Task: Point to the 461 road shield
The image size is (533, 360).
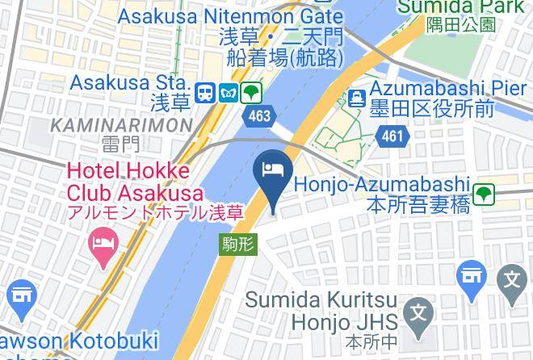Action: [x=392, y=136]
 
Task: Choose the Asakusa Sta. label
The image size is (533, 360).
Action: [x=130, y=82]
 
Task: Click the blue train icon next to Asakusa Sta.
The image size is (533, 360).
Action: [x=204, y=93]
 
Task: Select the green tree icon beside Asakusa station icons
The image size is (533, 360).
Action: [x=253, y=93]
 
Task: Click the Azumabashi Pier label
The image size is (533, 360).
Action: [x=448, y=88]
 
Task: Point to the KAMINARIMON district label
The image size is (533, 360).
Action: [x=121, y=125]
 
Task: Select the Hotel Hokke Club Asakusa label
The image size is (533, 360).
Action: [x=129, y=182]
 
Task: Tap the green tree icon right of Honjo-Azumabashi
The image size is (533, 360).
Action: [x=484, y=194]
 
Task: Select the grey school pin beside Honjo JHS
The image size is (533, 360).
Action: [x=419, y=313]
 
